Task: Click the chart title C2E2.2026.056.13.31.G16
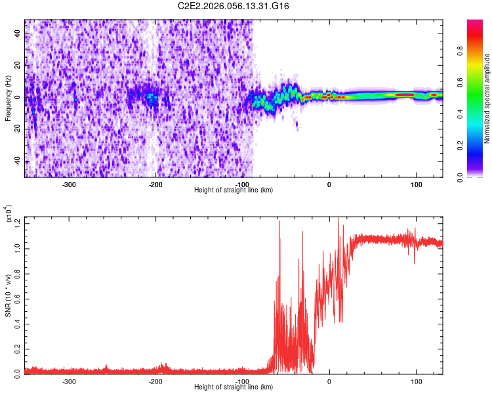[234, 6]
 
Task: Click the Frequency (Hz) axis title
[8, 98]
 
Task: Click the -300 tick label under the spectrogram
[69, 185]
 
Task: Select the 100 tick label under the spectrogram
[416, 185]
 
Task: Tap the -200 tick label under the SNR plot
[155, 381]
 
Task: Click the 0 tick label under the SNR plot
[329, 381]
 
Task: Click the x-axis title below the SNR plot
[234, 387]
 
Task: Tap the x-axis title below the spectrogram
[234, 190]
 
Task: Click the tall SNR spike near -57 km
[280, 223]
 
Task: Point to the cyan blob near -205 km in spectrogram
[152, 97]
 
